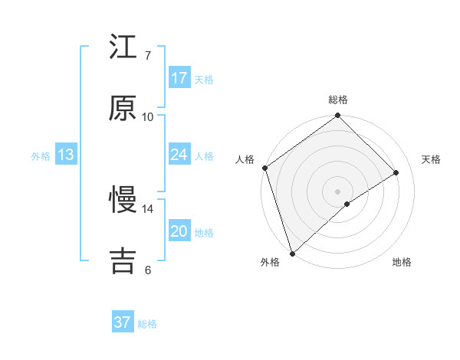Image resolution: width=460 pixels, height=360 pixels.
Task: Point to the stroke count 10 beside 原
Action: click(148, 117)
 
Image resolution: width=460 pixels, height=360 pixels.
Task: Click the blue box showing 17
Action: click(179, 78)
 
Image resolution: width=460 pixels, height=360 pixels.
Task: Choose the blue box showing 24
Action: click(179, 155)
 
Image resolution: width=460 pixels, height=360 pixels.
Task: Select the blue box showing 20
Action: click(179, 231)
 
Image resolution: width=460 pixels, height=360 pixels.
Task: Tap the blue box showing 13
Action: click(65, 155)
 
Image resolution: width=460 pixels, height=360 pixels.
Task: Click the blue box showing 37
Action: click(123, 322)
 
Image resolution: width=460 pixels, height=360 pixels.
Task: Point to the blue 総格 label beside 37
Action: click(147, 324)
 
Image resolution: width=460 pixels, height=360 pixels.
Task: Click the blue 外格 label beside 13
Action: click(41, 156)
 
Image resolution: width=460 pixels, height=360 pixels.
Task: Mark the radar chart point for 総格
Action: click(338, 116)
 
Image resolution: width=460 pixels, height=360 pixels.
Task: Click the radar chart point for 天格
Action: click(396, 172)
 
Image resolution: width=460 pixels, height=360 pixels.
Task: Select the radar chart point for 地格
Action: click(347, 204)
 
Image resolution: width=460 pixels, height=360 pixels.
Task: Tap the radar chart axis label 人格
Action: click(245, 159)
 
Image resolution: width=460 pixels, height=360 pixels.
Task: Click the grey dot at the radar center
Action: click(338, 191)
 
